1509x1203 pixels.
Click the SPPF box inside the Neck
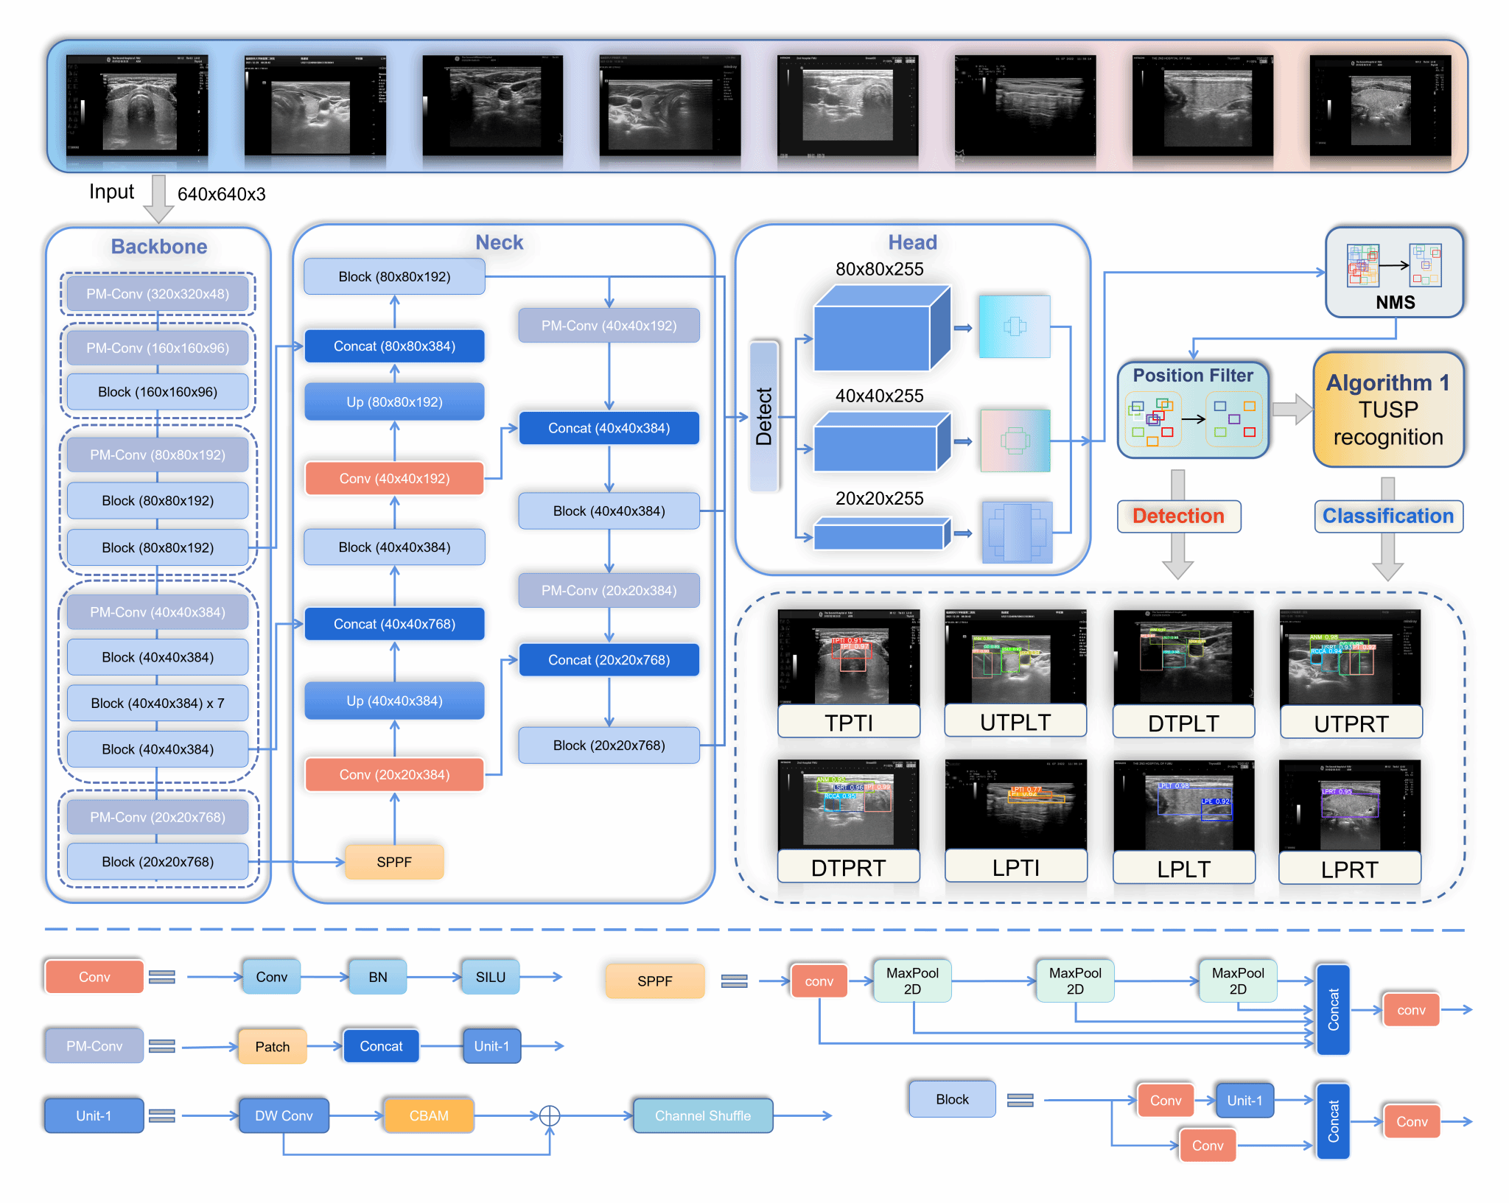[x=394, y=862]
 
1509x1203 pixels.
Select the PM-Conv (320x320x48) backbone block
[x=158, y=294]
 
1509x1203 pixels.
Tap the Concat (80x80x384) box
[x=394, y=346]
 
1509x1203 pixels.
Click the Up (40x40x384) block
[x=394, y=701]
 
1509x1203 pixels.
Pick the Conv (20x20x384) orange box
[x=394, y=774]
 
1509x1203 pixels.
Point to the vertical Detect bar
[x=764, y=416]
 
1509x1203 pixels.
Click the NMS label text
[x=1395, y=302]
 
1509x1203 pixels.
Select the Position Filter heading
[x=1193, y=376]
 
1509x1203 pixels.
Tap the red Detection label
[x=1178, y=516]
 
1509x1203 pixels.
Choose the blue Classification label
[x=1388, y=516]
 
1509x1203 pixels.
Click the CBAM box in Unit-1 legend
[x=429, y=1115]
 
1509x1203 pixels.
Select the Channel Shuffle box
[x=703, y=1115]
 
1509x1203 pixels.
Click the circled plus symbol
[x=550, y=1115]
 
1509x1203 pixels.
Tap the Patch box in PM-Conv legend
[x=272, y=1047]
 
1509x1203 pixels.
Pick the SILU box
[x=490, y=977]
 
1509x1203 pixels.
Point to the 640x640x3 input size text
[x=221, y=194]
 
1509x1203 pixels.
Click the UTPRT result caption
[x=1351, y=723]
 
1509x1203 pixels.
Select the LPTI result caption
[x=1016, y=868]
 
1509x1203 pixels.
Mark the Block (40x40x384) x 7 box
[x=158, y=704]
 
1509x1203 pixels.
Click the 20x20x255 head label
[x=879, y=499]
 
